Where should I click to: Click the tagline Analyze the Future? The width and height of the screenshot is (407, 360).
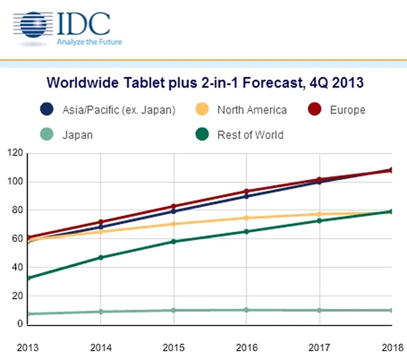[89, 42]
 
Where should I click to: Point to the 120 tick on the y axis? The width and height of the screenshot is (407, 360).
[14, 153]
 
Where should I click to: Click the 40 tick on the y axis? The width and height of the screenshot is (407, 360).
[16, 267]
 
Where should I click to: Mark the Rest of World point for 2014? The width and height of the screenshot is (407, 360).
[101, 257]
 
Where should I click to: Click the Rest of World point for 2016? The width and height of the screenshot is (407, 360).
[246, 231]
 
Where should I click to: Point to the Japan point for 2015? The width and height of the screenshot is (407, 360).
[173, 310]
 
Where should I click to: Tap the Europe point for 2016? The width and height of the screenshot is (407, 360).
[246, 191]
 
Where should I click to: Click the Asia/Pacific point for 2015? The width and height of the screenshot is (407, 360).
[173, 211]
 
